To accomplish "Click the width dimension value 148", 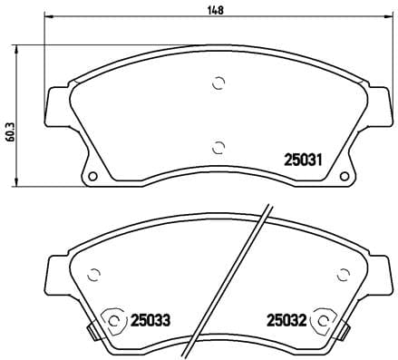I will click(x=214, y=11).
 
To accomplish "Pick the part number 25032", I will click(x=284, y=319).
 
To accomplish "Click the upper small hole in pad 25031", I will click(x=218, y=83).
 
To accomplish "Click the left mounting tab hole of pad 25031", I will click(x=92, y=175).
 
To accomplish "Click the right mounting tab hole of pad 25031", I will click(x=344, y=175).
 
